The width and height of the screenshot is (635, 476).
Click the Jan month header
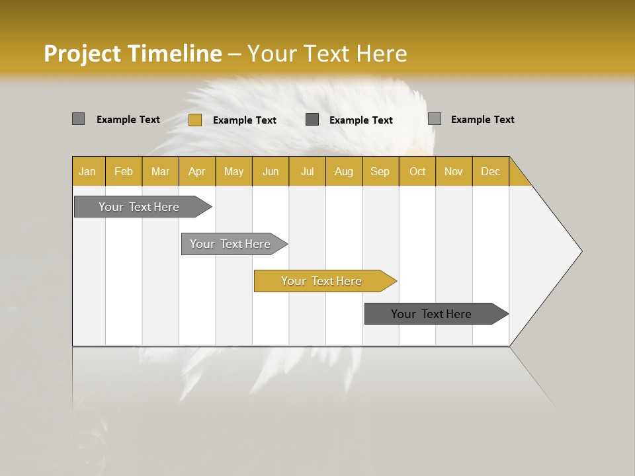click(87, 171)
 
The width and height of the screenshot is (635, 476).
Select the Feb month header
click(124, 171)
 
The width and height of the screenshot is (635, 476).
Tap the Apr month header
click(196, 171)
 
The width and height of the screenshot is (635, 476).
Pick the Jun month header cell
click(271, 171)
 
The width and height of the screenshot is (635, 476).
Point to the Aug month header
click(343, 171)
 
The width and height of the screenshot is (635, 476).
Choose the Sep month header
click(380, 171)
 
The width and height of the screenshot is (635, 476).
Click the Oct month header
click(417, 171)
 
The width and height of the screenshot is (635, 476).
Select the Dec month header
click(490, 171)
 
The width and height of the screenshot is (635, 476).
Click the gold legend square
click(194, 120)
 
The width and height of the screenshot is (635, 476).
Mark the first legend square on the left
click(78, 119)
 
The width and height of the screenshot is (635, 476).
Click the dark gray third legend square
click(312, 120)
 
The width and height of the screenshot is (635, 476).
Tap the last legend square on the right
click(435, 119)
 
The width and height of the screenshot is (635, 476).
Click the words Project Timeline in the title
click(132, 54)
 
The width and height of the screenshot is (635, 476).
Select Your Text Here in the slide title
click(327, 54)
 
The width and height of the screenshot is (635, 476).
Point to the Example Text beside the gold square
click(244, 120)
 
